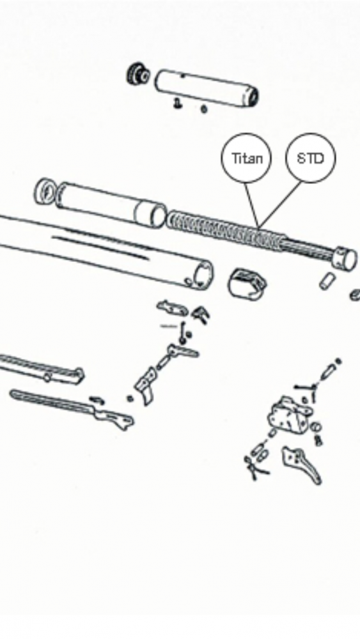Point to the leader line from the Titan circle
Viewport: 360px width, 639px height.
tap(251, 204)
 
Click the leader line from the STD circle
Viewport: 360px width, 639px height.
tap(281, 204)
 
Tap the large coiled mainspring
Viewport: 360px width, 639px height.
tap(226, 229)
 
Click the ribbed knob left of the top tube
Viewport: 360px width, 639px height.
tap(138, 73)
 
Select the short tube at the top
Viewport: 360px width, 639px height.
tap(207, 88)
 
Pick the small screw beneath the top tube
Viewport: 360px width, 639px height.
tap(177, 104)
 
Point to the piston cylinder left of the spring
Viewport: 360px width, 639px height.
tap(111, 204)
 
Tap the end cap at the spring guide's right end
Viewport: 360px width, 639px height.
tap(345, 258)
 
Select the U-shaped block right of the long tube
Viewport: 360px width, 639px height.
tap(247, 284)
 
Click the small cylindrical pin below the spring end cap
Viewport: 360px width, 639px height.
tap(327, 281)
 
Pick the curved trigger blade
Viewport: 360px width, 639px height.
tap(302, 465)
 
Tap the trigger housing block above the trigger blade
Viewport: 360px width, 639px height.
tap(288, 415)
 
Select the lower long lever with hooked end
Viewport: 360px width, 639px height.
tap(72, 408)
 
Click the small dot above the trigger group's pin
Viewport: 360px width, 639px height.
tap(338, 361)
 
